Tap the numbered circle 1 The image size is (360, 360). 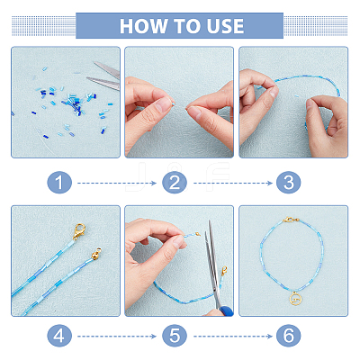tap(59, 183)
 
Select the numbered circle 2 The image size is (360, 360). tap(175, 183)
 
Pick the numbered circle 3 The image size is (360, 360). tap(289, 183)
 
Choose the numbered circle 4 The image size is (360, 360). tap(59, 336)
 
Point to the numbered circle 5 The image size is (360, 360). tap(175, 336)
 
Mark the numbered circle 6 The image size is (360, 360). tap(289, 336)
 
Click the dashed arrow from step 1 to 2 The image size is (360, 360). tap(117, 183)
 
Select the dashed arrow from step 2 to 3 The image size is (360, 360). tap(233, 183)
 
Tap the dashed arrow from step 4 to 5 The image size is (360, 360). tap(117, 337)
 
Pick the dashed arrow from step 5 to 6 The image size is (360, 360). tap(233, 337)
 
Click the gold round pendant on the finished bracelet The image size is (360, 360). tap(295, 299)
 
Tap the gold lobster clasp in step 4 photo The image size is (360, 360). tap(79, 231)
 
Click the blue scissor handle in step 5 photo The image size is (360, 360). tap(227, 311)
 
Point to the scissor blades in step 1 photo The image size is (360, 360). tap(105, 76)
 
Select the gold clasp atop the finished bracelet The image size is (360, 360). tap(291, 220)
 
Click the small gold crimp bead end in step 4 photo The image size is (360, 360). tap(96, 255)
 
